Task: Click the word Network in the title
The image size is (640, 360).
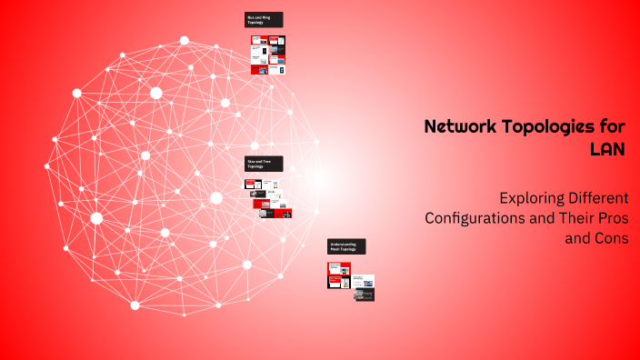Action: point(460,127)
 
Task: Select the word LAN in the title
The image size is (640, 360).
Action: point(608,149)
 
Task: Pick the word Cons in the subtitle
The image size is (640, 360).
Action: point(611,239)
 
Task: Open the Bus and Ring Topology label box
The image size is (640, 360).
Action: point(264,19)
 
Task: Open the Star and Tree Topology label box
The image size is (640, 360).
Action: point(264,164)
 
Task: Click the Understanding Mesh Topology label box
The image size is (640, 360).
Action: point(346,246)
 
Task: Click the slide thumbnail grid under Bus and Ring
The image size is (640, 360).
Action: point(268,55)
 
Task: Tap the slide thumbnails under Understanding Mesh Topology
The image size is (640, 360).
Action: point(351,281)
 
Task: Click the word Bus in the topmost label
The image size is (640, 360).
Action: point(250,16)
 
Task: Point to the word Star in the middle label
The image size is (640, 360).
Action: point(251,161)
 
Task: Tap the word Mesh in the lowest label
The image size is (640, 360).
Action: point(335,249)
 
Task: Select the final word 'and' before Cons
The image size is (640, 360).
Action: point(578,239)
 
